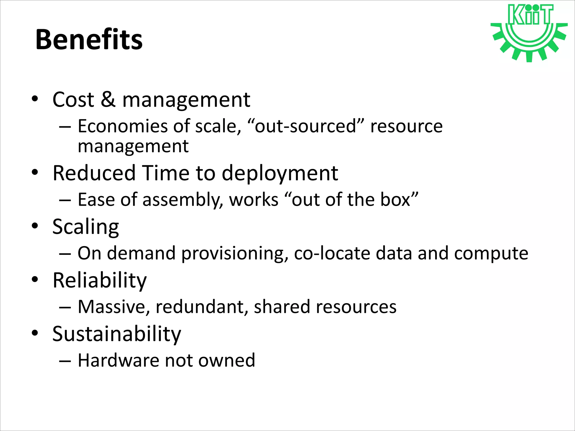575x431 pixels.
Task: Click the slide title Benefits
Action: point(89,40)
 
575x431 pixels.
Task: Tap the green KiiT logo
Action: point(529,32)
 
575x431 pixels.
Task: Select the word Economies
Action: point(122,126)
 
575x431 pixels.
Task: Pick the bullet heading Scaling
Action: point(86,227)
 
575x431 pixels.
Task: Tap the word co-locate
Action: point(332,253)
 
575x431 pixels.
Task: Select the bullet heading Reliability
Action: point(99,280)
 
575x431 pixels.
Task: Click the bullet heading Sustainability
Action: point(117,334)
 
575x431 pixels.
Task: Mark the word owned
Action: point(227,360)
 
